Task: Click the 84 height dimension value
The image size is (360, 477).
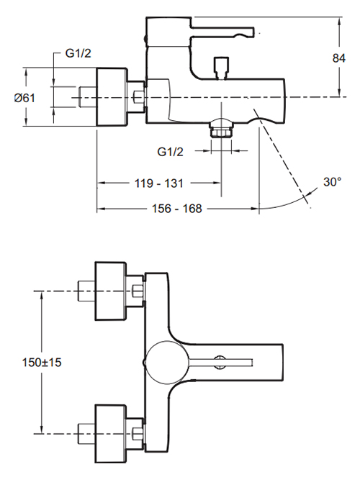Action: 338,58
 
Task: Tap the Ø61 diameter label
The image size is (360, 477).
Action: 24,98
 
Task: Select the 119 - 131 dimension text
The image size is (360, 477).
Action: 159,183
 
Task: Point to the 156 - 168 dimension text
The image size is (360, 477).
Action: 176,209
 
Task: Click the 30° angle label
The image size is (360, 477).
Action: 333,182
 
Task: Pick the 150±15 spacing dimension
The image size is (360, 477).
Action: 42,363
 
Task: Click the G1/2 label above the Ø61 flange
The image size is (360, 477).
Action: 78,53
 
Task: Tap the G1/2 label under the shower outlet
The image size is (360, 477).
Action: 170,152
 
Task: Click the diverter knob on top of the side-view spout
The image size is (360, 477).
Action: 221,68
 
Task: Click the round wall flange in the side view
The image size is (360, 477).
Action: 112,97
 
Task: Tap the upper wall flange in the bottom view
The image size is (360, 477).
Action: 110,291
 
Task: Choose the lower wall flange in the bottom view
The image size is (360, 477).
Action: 110,434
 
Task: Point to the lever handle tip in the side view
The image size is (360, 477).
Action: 252,32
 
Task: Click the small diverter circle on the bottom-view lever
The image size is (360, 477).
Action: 220,362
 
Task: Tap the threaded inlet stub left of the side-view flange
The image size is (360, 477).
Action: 88,97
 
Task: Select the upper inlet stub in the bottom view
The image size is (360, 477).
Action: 86,291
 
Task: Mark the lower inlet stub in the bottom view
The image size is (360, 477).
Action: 86,434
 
